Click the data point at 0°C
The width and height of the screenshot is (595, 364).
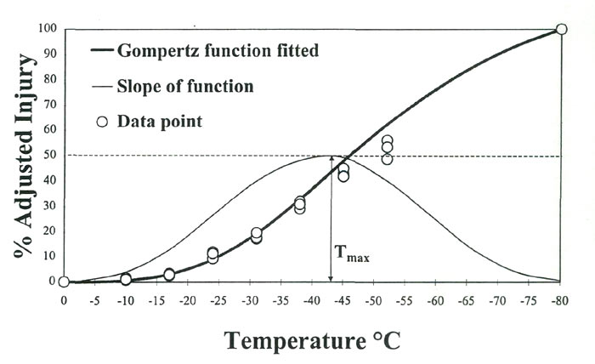pos(64,282)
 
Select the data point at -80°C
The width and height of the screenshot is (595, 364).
pos(561,29)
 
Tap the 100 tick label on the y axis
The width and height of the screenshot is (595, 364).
pos(47,29)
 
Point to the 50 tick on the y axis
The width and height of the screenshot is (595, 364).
pos(49,156)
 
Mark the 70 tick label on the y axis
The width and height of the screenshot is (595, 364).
pos(49,105)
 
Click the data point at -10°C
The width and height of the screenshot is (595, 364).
pos(126,279)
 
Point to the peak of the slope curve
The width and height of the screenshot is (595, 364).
pos(330,156)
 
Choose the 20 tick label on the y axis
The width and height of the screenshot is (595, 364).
pos(49,231)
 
